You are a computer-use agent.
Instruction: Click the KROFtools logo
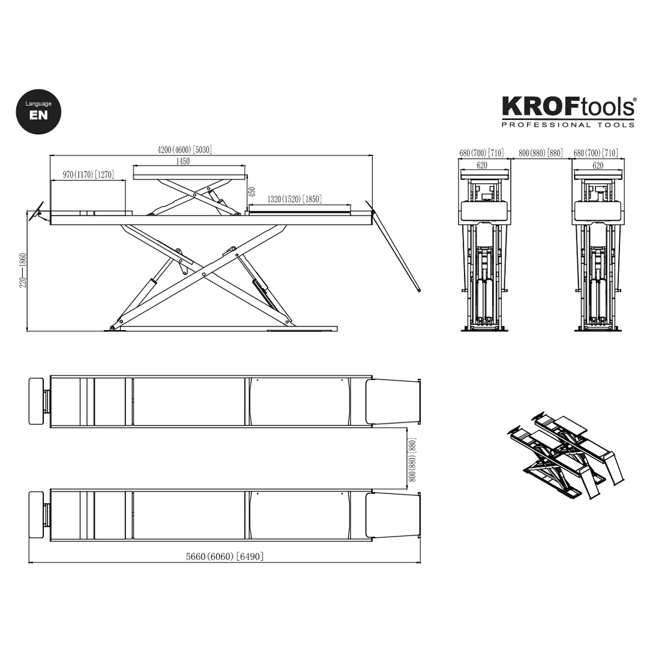568,107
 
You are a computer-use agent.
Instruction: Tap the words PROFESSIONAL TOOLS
568,125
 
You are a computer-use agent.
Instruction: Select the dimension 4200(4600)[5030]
185,150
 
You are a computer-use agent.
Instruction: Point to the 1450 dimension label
183,161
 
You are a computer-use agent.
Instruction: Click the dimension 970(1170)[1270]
88,175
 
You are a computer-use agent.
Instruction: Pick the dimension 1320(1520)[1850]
295,199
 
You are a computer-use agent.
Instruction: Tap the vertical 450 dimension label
253,192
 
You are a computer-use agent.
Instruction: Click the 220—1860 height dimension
23,269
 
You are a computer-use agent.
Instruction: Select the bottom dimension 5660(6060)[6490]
224,556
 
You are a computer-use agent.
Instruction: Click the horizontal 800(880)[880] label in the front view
541,153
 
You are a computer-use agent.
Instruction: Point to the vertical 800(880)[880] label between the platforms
412,460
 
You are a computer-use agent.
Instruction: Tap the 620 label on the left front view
482,165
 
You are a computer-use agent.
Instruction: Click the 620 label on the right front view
598,165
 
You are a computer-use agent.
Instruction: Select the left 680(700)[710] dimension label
481,153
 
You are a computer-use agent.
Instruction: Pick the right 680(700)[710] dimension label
596,153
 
